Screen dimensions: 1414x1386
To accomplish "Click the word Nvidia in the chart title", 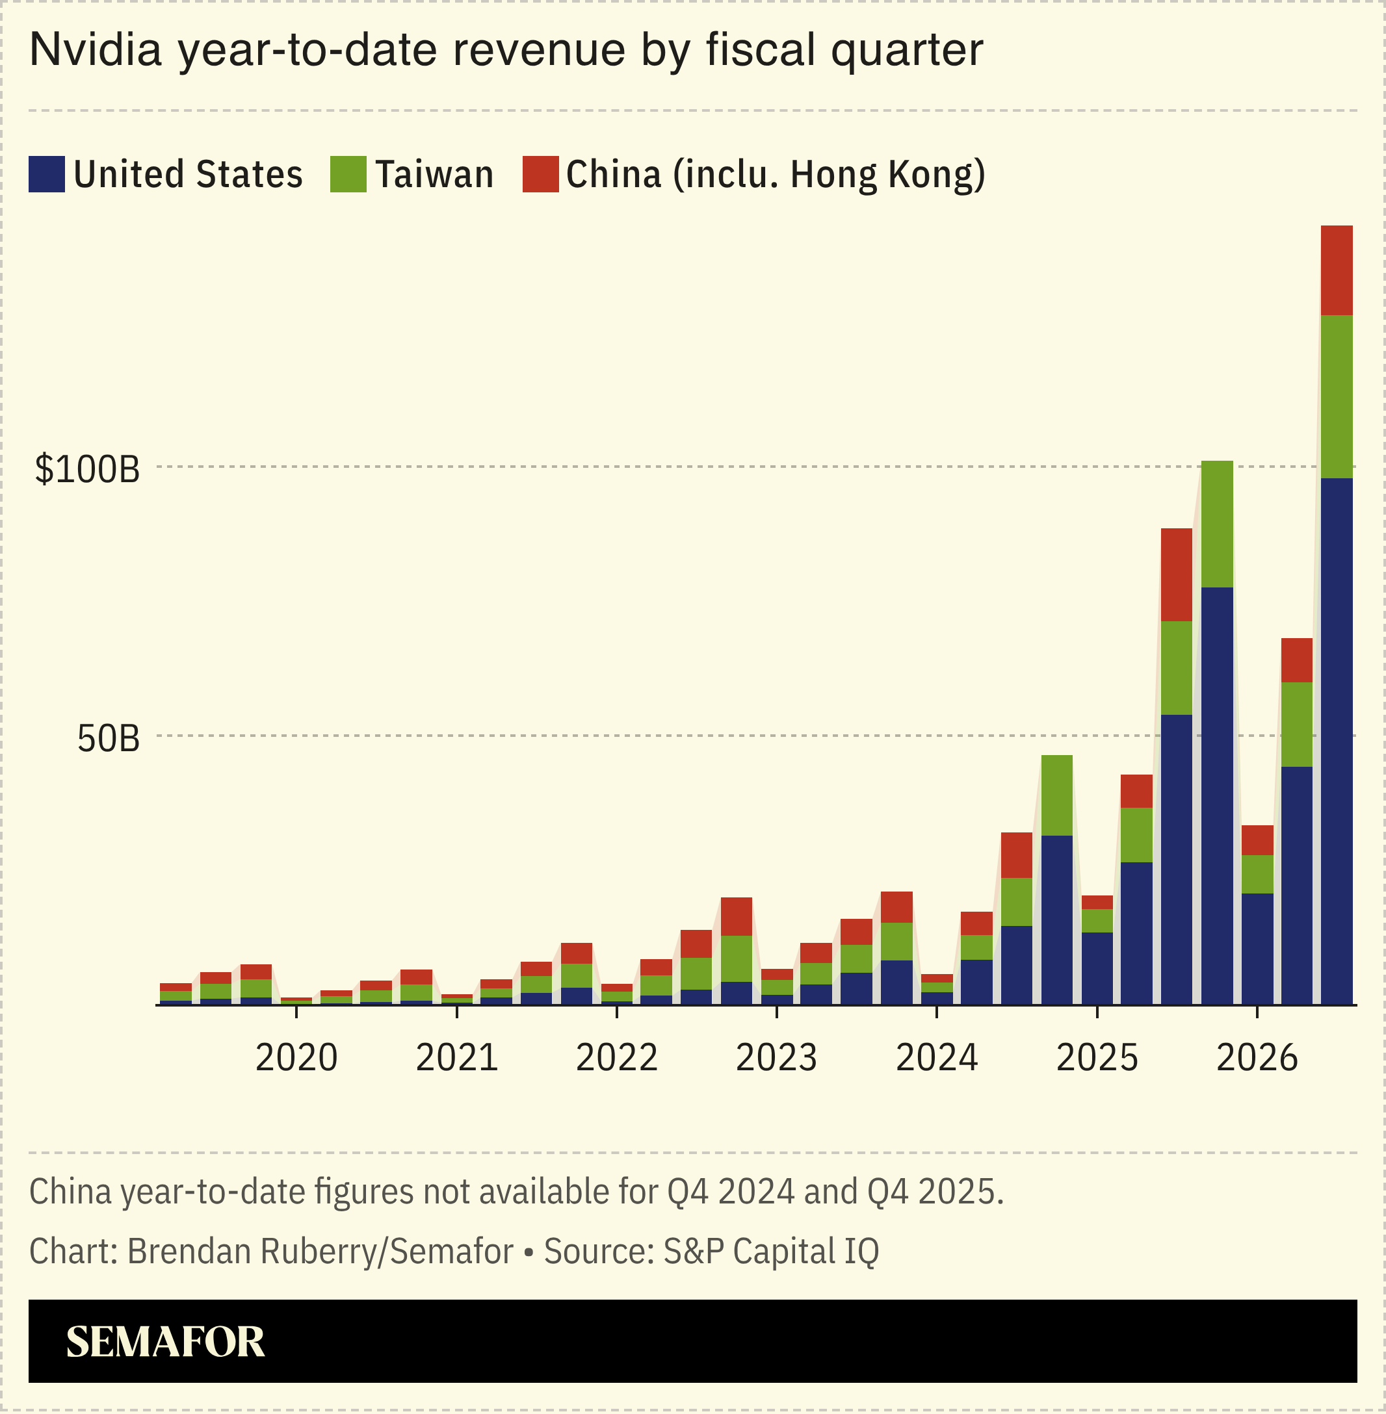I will click(x=96, y=50).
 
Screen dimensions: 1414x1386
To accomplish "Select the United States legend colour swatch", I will click(x=47, y=175).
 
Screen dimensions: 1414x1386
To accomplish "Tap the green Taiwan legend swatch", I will click(x=348, y=175).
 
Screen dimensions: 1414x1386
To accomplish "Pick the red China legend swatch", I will click(x=540, y=175).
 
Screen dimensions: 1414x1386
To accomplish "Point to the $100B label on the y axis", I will click(x=87, y=469).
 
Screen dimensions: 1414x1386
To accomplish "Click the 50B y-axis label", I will click(x=109, y=739).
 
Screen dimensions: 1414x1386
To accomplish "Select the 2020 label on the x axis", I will click(x=296, y=1058).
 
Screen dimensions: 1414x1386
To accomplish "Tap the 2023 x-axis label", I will click(x=777, y=1058).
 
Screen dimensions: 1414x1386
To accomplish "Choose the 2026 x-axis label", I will click(x=1257, y=1058).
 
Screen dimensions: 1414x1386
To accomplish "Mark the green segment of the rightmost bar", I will click(x=1337, y=396).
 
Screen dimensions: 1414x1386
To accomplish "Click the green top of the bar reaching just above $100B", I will click(x=1217, y=524).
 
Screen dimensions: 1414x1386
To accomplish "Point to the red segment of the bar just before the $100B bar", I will click(x=1177, y=575).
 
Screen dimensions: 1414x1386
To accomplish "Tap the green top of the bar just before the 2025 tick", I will click(x=1057, y=795).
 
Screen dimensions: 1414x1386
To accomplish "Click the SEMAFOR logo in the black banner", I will click(x=165, y=1342).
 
